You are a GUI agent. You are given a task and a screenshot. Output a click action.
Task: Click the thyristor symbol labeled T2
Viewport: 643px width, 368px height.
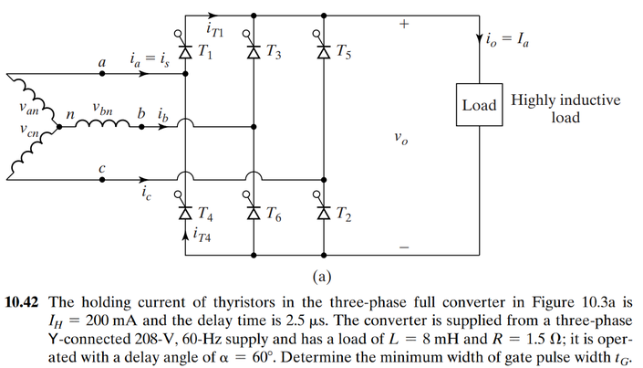pyautogui.click(x=320, y=213)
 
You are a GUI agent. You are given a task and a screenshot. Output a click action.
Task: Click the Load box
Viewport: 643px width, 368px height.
pyautogui.click(x=479, y=105)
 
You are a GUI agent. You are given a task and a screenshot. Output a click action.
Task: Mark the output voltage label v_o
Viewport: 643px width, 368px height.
pyautogui.click(x=400, y=140)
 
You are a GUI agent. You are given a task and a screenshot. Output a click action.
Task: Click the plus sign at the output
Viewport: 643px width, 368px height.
pyautogui.click(x=402, y=26)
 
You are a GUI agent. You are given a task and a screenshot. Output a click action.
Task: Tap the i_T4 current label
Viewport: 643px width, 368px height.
pyautogui.click(x=207, y=235)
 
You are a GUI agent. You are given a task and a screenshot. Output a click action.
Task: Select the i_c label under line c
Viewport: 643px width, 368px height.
pyautogui.click(x=148, y=194)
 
